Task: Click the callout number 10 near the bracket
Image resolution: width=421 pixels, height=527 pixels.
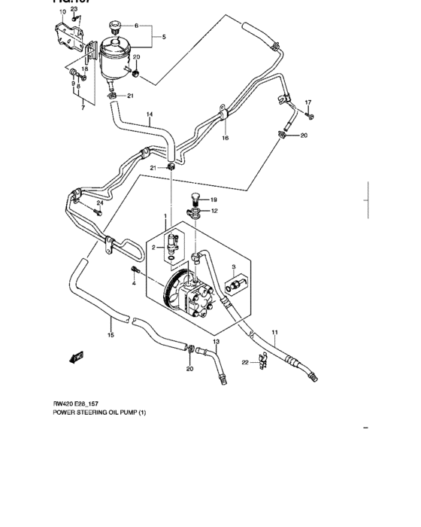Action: [x=63, y=12]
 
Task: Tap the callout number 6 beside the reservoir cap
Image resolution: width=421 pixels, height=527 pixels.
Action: [x=136, y=26]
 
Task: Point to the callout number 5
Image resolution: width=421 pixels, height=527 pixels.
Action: [x=165, y=36]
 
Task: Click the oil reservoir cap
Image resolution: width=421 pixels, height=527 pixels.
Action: [x=115, y=29]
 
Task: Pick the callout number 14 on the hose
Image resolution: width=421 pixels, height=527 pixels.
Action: [x=150, y=115]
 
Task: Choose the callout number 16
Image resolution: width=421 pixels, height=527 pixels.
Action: [x=225, y=139]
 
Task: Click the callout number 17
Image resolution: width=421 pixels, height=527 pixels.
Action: [x=307, y=102]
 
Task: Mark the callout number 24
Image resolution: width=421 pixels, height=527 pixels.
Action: [x=99, y=203]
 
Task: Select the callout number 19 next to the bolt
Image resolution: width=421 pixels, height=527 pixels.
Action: [x=214, y=200]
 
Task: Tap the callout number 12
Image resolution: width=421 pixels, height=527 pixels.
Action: [x=214, y=211]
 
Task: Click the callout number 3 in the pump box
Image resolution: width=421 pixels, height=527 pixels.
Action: [x=234, y=267]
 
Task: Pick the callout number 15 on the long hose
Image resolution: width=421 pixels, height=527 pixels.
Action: [x=111, y=335]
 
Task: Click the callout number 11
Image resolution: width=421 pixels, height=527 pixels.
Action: [x=274, y=332]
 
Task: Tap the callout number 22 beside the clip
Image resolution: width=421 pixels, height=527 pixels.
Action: [x=244, y=363]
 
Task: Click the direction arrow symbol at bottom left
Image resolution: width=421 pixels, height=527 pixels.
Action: [x=77, y=357]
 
